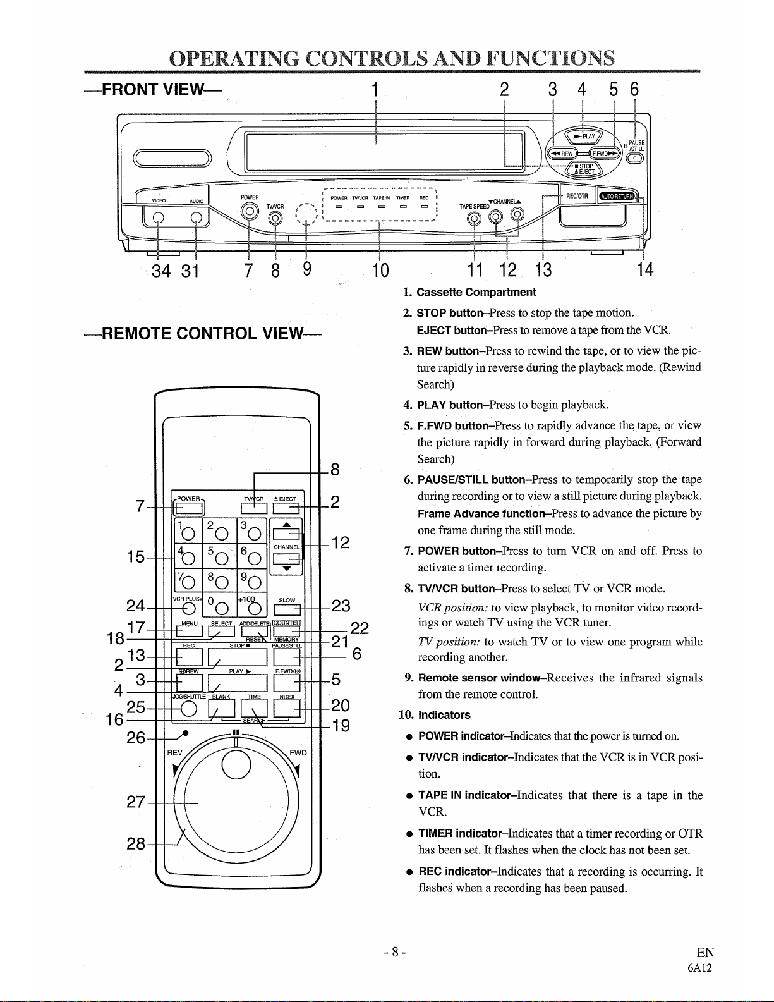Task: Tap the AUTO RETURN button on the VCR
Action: point(618,195)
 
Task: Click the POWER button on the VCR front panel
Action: point(250,211)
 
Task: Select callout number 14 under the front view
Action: point(644,270)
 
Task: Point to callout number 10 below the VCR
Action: point(380,271)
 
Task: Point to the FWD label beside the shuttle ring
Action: point(298,753)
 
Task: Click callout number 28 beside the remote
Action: point(136,843)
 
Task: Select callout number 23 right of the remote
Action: point(341,606)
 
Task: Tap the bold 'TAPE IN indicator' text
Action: point(467,795)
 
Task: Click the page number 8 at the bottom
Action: point(394,952)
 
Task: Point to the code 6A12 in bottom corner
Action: point(699,967)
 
